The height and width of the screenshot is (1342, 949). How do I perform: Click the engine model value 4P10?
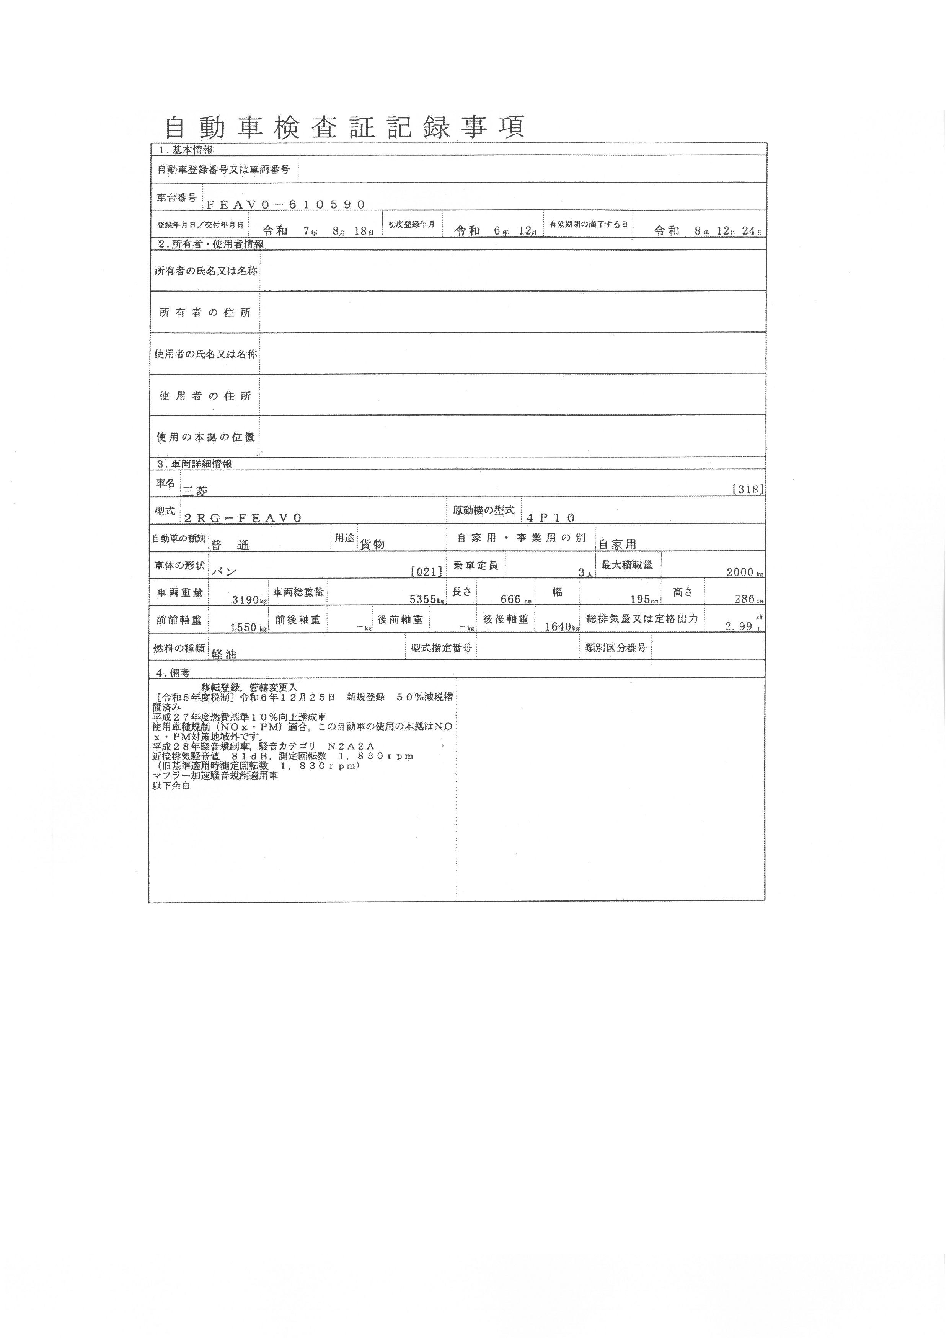pyautogui.click(x=551, y=517)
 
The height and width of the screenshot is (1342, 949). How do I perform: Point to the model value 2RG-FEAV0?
pyautogui.click(x=243, y=518)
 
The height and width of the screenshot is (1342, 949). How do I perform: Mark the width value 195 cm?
pyautogui.click(x=647, y=600)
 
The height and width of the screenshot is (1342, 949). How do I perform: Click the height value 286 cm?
pyautogui.click(x=747, y=600)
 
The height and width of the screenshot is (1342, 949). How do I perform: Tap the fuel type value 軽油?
pyautogui.click(x=224, y=655)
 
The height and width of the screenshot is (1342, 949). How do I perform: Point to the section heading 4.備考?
pyautogui.click(x=174, y=673)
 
